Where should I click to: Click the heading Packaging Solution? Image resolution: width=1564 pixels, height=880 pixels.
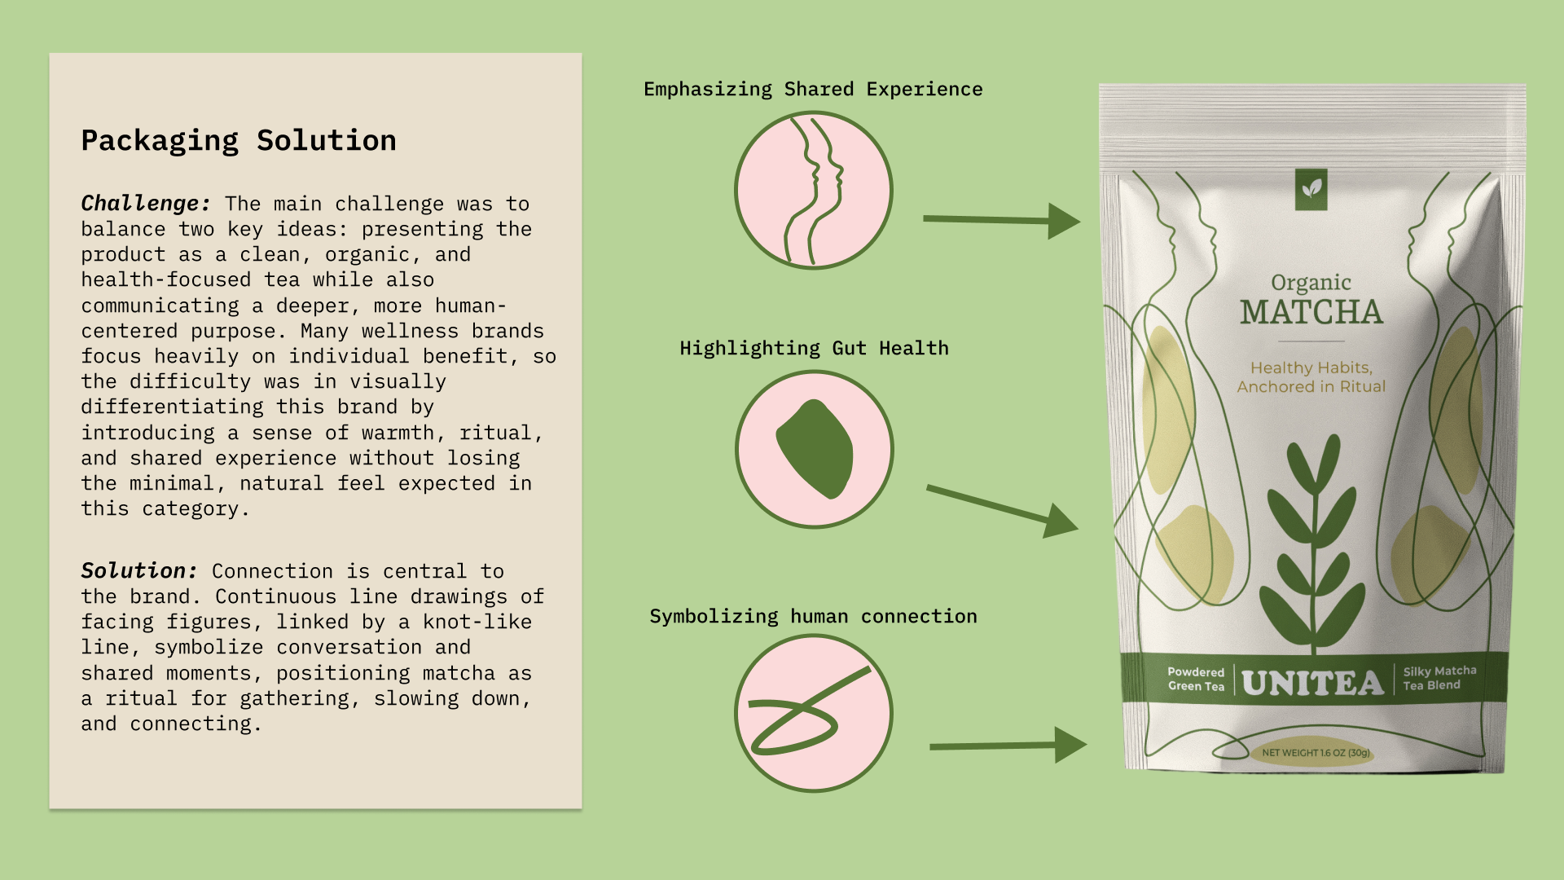click(x=239, y=141)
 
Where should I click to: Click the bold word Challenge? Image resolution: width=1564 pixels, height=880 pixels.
click(x=146, y=203)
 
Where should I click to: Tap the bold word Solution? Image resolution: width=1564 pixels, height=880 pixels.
click(x=139, y=570)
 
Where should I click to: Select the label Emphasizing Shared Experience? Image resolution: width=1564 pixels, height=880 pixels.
click(x=813, y=89)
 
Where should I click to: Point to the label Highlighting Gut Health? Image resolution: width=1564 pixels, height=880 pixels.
click(x=814, y=348)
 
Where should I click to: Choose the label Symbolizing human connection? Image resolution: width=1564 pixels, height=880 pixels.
click(x=813, y=616)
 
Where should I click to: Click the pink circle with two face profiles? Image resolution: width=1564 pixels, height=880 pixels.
click(x=813, y=191)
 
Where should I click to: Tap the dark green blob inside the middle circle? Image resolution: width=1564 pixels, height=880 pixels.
click(x=815, y=449)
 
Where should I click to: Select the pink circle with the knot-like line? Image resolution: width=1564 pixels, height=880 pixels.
click(x=813, y=713)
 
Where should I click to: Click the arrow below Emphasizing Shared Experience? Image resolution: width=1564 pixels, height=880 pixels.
click(x=1001, y=220)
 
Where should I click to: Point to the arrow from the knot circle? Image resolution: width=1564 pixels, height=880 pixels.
click(x=1008, y=745)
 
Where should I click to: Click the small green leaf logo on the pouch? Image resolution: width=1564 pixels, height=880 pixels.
click(x=1311, y=189)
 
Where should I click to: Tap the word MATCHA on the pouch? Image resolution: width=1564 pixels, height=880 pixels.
click(x=1311, y=312)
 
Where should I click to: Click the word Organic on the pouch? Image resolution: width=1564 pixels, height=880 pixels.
click(x=1311, y=283)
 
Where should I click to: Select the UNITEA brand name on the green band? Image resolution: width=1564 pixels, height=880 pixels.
click(x=1312, y=683)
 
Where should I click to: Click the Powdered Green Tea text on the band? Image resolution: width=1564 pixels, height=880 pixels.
click(x=1196, y=679)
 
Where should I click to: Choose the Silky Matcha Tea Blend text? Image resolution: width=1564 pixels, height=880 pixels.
click(x=1439, y=678)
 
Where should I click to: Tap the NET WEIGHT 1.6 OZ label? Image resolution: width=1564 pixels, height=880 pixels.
click(x=1316, y=753)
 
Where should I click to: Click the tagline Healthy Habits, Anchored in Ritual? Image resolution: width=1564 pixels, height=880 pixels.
click(x=1311, y=377)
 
